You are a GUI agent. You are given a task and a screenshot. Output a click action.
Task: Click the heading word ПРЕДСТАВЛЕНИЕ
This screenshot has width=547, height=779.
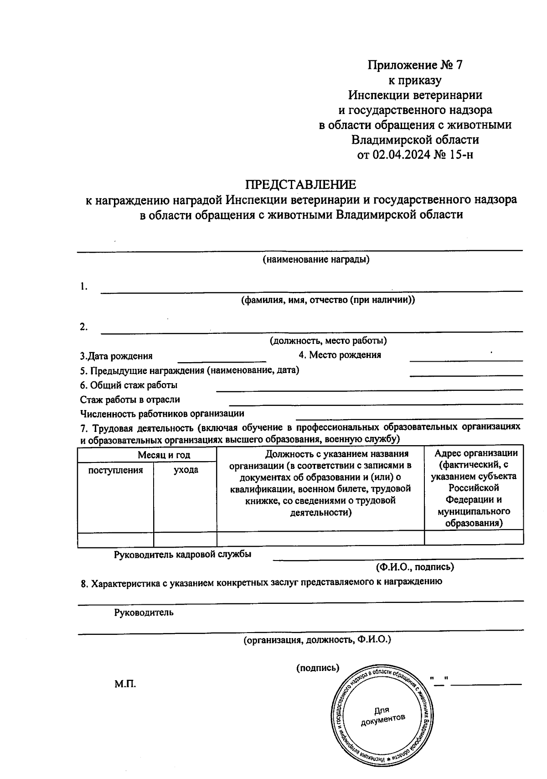coord(300,185)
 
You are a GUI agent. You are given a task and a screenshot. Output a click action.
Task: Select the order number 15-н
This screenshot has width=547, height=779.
coord(461,155)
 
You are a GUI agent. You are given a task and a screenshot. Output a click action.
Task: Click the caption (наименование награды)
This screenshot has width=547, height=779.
coord(315,260)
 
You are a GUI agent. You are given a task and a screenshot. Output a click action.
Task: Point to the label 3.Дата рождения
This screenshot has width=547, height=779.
coord(116,356)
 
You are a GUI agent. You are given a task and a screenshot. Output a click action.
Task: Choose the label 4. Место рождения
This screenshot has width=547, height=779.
coord(340,355)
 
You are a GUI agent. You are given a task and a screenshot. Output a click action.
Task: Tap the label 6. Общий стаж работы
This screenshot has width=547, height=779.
coord(129,385)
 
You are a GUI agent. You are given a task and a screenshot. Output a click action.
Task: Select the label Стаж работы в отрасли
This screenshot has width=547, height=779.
coord(130,400)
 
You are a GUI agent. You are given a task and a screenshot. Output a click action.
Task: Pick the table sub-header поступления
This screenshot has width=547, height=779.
coord(115,470)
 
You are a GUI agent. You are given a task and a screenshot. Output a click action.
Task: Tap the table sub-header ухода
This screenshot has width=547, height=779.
coord(186,470)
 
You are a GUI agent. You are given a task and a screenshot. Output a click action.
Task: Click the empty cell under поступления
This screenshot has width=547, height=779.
coord(115,539)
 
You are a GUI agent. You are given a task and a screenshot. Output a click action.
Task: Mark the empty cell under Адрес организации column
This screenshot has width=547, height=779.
coord(474,537)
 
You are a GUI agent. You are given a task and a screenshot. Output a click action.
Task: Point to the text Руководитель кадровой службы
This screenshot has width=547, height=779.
coord(182,554)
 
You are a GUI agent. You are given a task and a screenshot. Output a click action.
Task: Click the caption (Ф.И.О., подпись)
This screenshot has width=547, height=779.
coord(414,567)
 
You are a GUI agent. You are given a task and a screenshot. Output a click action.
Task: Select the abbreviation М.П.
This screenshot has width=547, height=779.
coord(125,684)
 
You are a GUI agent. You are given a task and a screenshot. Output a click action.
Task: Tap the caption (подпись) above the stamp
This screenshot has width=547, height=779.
coord(318,668)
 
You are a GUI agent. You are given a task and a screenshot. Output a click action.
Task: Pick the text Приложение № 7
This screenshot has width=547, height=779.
coord(415,65)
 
